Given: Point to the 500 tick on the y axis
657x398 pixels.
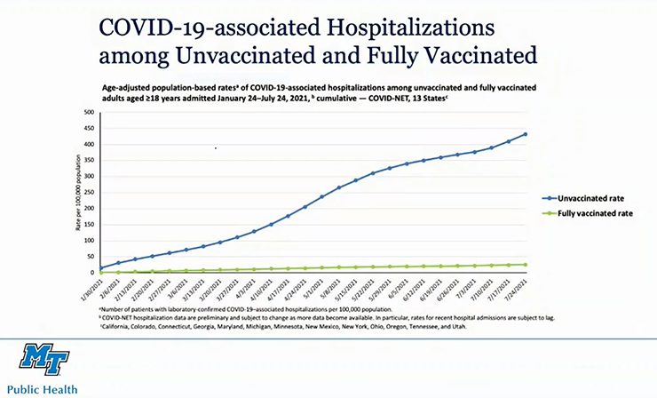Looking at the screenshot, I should coord(89,113).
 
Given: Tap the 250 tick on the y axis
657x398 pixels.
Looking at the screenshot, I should coord(89,193).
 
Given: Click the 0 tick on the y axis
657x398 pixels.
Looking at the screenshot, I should coord(91,273).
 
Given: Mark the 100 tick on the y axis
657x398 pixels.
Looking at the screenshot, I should coord(89,241).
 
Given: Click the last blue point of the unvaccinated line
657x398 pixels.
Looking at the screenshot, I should coord(526,134).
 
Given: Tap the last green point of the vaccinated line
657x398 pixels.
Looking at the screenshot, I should coord(526,264).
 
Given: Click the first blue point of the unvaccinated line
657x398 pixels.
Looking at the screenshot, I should coord(100,267).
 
